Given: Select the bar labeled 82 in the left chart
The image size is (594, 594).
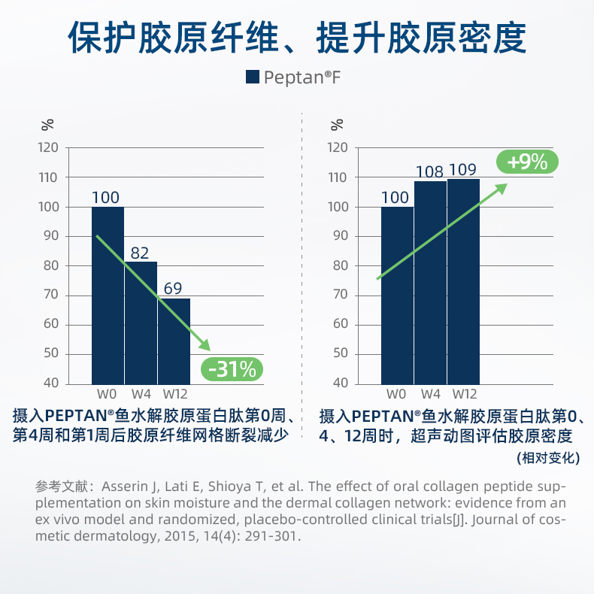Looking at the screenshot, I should coord(141,323).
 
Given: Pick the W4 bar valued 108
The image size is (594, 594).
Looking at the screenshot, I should coord(431,282).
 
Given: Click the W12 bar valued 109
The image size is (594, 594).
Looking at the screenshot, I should coord(463,281).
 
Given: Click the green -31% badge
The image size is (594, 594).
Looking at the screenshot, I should coord(232,368).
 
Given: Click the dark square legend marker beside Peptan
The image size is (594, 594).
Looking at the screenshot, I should coord(253,76).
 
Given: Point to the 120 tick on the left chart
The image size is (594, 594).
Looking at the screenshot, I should coord(48,147).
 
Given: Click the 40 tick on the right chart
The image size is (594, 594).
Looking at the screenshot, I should coord(338,383).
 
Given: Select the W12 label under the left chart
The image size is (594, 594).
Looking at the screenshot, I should coord(174,394).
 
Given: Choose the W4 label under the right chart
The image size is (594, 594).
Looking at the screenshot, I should coord(431,394).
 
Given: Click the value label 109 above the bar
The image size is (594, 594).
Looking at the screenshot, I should coord(463,170).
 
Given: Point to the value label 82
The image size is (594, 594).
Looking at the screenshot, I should coord(140,253).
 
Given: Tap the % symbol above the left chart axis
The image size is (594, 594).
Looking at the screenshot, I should coord(47,123).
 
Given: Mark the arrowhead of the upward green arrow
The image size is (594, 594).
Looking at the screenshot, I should coord(502,186).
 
